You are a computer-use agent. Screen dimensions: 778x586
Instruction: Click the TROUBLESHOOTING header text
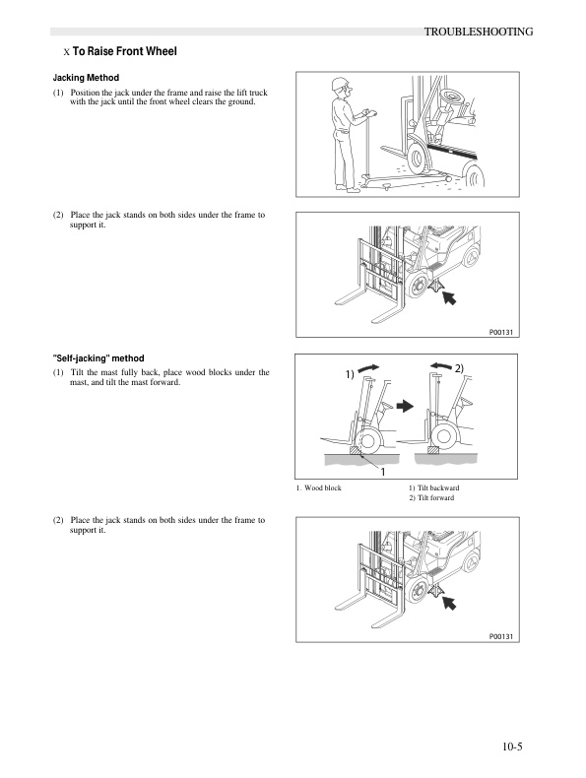coord(478,32)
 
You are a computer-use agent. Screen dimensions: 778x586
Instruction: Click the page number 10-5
coord(509,745)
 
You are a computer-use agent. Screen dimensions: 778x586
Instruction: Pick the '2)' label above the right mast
coord(459,367)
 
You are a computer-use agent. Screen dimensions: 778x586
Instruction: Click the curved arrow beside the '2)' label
coord(439,364)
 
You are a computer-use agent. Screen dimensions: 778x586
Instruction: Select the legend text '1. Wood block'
coord(318,488)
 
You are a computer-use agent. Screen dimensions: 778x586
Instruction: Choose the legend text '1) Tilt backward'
coord(433,488)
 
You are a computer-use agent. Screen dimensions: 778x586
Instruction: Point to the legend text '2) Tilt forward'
coord(431,499)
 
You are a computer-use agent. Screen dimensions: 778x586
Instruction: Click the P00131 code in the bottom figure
coord(502,637)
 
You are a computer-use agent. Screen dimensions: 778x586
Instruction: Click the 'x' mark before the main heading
coord(65,52)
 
